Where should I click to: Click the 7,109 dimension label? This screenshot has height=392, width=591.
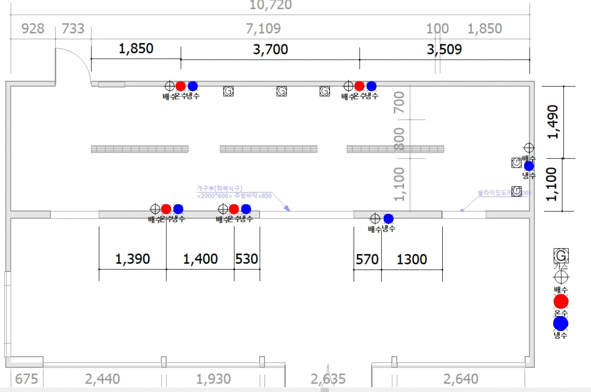pos(263,29)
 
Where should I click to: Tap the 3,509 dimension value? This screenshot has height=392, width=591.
pos(444,49)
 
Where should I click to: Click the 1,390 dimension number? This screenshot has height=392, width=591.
pos(132,259)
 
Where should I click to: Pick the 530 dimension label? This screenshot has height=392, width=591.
pos(247,259)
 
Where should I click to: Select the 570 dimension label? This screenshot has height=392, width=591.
pos(367,259)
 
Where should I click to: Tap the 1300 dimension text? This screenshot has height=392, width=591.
pos(412,259)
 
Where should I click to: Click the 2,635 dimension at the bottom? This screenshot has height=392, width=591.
pos(328,379)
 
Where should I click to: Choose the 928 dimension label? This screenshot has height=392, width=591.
pos(33,29)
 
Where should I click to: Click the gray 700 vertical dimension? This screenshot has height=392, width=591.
pos(399,102)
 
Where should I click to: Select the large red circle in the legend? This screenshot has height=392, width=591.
pos(561,302)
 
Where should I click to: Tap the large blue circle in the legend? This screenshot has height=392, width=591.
pos(561,323)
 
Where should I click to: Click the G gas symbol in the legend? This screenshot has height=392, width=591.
pos(561,256)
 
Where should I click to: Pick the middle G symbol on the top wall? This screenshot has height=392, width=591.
pos(281,91)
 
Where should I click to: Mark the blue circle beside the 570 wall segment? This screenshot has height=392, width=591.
pos(388,218)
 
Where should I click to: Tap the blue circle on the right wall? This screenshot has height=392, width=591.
pos(529,166)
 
